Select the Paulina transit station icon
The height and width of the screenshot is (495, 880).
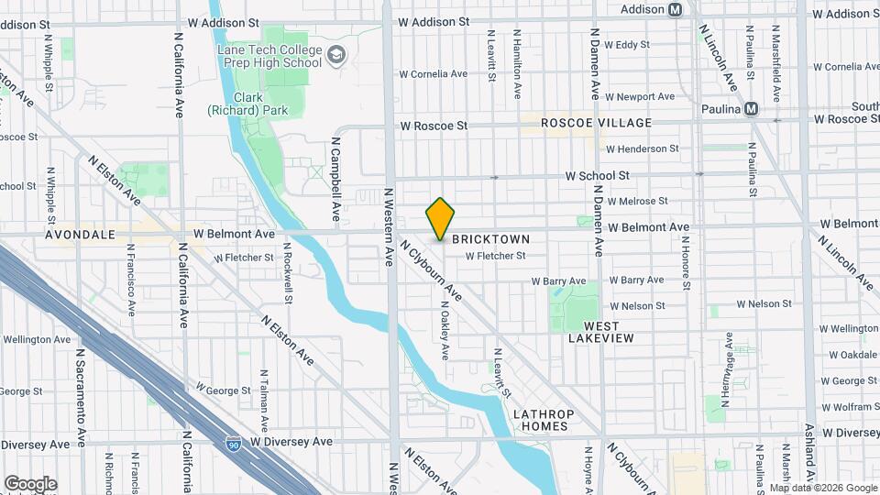click(x=752, y=108)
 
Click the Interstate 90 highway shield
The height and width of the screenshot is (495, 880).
click(x=235, y=444)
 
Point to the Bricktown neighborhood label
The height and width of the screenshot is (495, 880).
click(x=491, y=237)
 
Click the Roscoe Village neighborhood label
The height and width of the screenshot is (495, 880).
click(x=596, y=123)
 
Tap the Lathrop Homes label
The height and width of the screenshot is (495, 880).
click(x=544, y=421)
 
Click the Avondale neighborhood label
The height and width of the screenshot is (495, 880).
click(x=81, y=235)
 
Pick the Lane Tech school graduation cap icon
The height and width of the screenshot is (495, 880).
click(x=336, y=55)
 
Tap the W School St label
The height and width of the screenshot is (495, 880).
click(x=597, y=175)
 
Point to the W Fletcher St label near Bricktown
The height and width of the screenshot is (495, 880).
click(x=496, y=256)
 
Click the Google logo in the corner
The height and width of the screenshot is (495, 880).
click(x=30, y=483)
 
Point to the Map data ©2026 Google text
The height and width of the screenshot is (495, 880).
click(x=823, y=488)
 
